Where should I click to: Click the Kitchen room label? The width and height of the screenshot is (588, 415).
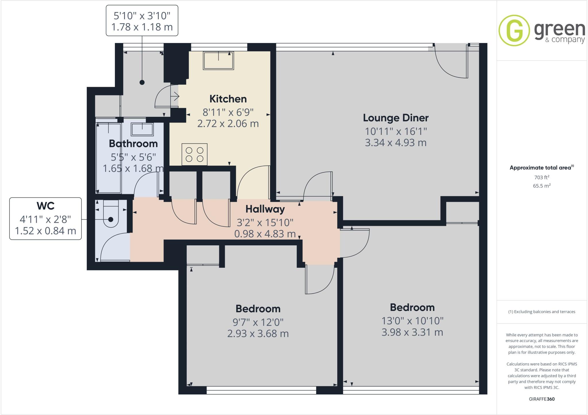point(228,99)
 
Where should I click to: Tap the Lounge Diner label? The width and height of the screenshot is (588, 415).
point(396,118)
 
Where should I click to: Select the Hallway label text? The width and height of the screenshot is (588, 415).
point(265,209)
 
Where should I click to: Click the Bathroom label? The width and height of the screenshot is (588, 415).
point(133,143)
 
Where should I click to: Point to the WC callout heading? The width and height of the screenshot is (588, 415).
point(45,206)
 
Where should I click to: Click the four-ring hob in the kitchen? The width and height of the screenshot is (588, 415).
point(194,154)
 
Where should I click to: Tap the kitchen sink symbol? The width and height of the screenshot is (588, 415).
point(218,61)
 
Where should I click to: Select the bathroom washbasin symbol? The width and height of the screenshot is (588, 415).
point(142,129)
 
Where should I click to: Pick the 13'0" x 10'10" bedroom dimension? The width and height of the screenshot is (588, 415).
point(412,321)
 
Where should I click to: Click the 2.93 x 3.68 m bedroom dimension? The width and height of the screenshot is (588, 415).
point(258,333)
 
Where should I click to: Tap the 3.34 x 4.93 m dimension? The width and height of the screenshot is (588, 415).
point(396,143)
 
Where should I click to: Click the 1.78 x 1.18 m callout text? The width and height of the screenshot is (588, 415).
point(142,27)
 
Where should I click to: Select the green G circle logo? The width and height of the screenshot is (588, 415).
point(514,30)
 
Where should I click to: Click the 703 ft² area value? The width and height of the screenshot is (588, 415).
point(541,177)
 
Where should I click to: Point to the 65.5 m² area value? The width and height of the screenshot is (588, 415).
point(541,186)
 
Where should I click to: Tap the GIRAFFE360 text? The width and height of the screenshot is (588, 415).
point(541,399)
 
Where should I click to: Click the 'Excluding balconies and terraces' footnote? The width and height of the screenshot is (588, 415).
point(541,312)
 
